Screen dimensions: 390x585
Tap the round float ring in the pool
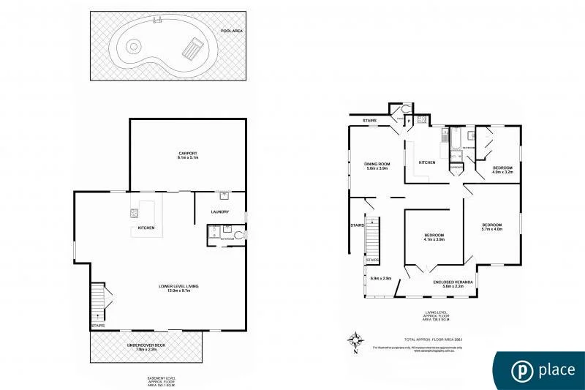(x=133, y=46)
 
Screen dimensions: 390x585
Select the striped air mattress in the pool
(x=190, y=50)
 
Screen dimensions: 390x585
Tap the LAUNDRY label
(x=220, y=212)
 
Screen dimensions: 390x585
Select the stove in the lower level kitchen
(x=135, y=214)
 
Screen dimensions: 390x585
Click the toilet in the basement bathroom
(x=239, y=234)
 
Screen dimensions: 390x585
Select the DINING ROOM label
(x=378, y=163)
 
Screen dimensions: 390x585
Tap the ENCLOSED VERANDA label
(x=452, y=281)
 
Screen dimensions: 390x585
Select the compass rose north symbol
(x=356, y=341)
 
